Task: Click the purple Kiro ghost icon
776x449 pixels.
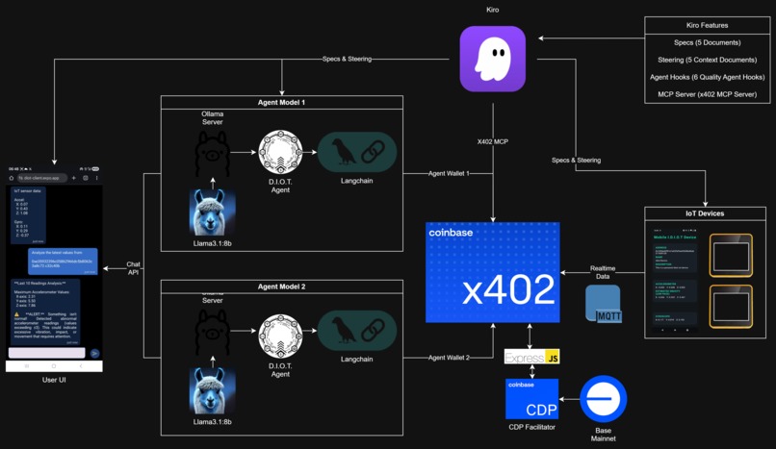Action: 492,59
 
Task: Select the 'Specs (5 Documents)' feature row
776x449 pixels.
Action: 707,43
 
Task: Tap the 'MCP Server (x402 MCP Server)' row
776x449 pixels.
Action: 707,94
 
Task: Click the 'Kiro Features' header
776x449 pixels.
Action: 707,25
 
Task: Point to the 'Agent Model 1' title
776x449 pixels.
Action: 281,103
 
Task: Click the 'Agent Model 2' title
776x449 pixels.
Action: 281,287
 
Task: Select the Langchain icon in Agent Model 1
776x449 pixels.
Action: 357,152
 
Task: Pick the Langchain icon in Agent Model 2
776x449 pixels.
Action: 357,331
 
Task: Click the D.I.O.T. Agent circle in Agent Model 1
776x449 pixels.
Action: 280,152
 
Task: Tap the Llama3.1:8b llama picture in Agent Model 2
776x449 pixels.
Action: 212,390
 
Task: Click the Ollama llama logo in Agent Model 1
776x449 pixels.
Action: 212,152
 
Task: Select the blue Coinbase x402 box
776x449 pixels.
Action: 492,272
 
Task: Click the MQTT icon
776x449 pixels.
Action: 604,304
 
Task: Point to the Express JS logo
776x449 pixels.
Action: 531,358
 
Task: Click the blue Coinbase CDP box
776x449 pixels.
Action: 531,398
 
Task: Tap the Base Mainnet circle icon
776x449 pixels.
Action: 604,398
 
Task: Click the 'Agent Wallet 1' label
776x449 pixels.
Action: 449,173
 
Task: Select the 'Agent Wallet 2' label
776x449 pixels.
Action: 449,358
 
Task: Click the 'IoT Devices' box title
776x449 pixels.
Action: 706,213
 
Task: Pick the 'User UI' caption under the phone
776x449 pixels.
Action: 55,381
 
